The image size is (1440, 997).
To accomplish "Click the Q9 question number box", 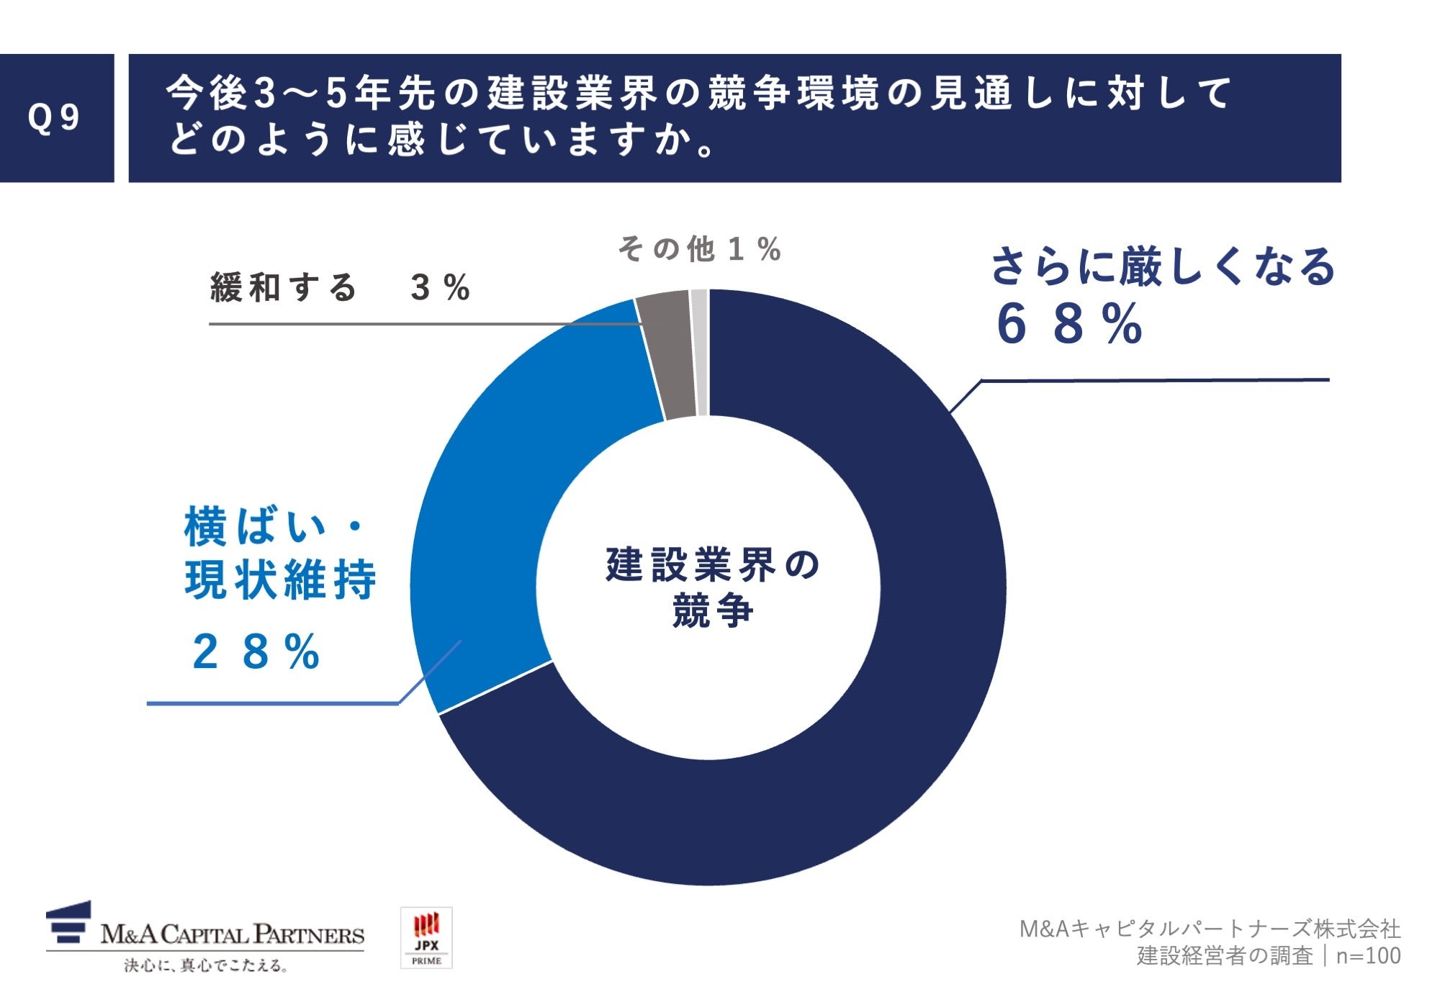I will coord(56,118).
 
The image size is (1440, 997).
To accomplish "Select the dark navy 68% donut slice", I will coord(900,684).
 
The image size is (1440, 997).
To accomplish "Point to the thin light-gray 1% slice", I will coord(699,353).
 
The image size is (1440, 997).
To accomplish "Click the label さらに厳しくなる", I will coord(1162,267).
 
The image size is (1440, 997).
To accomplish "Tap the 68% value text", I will coord(1070,325).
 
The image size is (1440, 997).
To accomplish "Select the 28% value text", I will coord(256,652).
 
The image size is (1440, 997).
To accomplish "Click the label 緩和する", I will coord(283,287).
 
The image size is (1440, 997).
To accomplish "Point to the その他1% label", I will coord(699,249).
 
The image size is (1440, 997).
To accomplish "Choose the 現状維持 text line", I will coord(280,580).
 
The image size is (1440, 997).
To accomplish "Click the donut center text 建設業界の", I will coord(713,565).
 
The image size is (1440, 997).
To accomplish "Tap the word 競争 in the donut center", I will coord(713,611).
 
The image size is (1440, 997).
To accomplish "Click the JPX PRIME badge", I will coord(426,937).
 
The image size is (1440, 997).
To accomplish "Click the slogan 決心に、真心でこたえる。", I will coord(206,965).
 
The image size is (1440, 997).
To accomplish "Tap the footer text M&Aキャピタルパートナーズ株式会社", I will coord(1210,929).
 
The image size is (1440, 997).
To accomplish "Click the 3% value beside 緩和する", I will coord(440,287).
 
